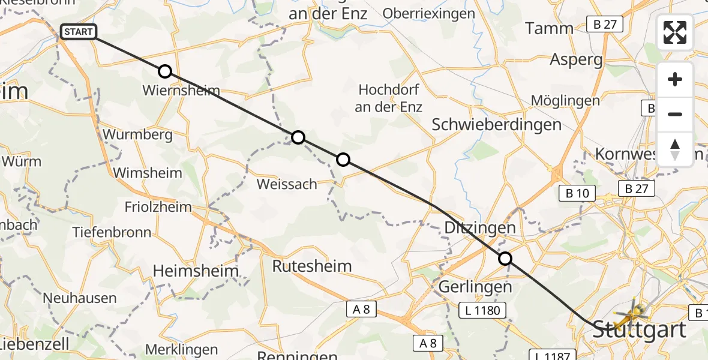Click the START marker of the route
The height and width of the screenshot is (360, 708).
pos(78,32)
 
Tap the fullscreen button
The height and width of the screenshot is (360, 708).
pos(675,32)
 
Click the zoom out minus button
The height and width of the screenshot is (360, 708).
pos(675,114)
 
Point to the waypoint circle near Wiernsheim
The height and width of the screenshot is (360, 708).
pos(165,71)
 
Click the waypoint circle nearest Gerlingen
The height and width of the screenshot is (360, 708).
pos(505,259)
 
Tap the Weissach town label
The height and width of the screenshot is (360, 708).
pos(287,184)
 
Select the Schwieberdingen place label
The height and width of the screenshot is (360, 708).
pos(497,125)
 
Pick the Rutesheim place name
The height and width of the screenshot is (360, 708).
pos(312,266)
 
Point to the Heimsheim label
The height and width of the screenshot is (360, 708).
pos(196,271)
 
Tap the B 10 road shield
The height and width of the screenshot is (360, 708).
pos(577,193)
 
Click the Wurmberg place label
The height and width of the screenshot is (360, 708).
pos(138,134)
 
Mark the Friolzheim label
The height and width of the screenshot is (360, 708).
pos(158,207)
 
